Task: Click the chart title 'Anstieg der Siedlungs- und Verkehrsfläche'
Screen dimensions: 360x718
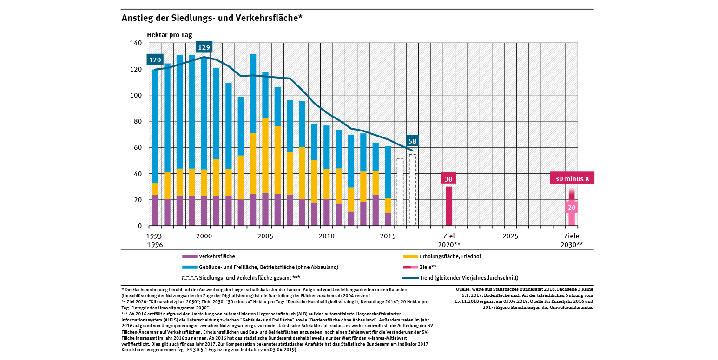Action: (x=212, y=18)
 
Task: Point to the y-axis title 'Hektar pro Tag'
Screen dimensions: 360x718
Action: (x=169, y=35)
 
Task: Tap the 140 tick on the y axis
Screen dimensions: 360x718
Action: (x=136, y=43)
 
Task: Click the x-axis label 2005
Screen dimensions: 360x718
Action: (x=265, y=236)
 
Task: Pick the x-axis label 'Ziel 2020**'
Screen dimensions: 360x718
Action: (x=448, y=240)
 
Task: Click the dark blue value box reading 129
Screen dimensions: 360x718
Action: (x=204, y=47)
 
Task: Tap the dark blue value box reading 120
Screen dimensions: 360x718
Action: (x=155, y=60)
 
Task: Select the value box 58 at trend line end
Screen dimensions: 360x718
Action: (x=412, y=141)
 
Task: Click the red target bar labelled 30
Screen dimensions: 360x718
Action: (x=449, y=206)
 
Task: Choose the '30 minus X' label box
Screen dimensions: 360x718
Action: (x=572, y=179)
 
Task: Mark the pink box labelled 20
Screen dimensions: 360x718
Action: (x=572, y=208)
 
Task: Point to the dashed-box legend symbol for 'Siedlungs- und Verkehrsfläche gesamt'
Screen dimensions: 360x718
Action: (x=189, y=278)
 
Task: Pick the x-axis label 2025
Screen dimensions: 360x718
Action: (x=510, y=236)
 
